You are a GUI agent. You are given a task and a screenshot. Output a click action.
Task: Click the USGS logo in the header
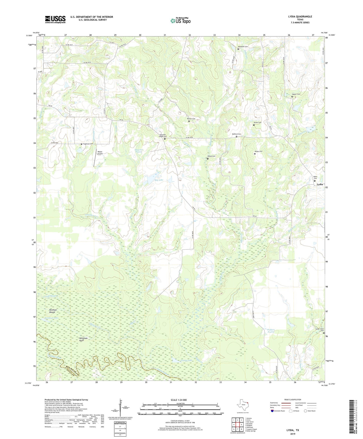coord(55,19)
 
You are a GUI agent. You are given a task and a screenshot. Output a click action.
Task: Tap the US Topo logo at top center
coord(180,21)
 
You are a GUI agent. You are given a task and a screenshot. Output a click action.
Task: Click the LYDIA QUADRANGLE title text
coord(300,17)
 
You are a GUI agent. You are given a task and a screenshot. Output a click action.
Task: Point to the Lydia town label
coord(320,184)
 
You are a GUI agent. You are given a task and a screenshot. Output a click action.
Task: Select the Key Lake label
coord(159,180)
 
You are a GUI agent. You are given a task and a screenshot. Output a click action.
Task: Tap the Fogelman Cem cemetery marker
coord(81,144)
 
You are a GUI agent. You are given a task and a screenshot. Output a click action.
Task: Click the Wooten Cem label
coord(191,119)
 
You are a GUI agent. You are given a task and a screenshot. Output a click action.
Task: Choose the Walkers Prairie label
coord(271,331)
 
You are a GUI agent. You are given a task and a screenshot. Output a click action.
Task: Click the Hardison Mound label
coord(53,311)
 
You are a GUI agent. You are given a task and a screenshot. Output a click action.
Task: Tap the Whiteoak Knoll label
coord(83,339)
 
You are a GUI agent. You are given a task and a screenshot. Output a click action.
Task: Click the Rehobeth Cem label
coord(243,47)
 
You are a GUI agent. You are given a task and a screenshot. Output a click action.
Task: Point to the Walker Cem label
coord(296,94)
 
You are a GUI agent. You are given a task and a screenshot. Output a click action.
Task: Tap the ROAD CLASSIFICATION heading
coord(293,400)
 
